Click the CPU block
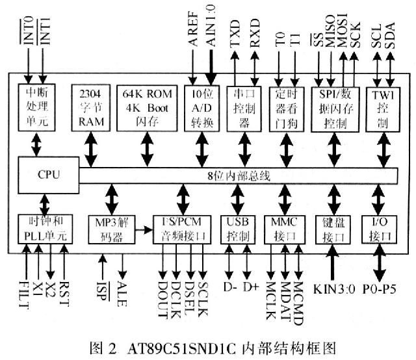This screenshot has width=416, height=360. [x=45, y=174]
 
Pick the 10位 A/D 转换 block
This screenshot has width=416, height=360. [x=199, y=108]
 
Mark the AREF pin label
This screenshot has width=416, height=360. [x=193, y=29]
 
